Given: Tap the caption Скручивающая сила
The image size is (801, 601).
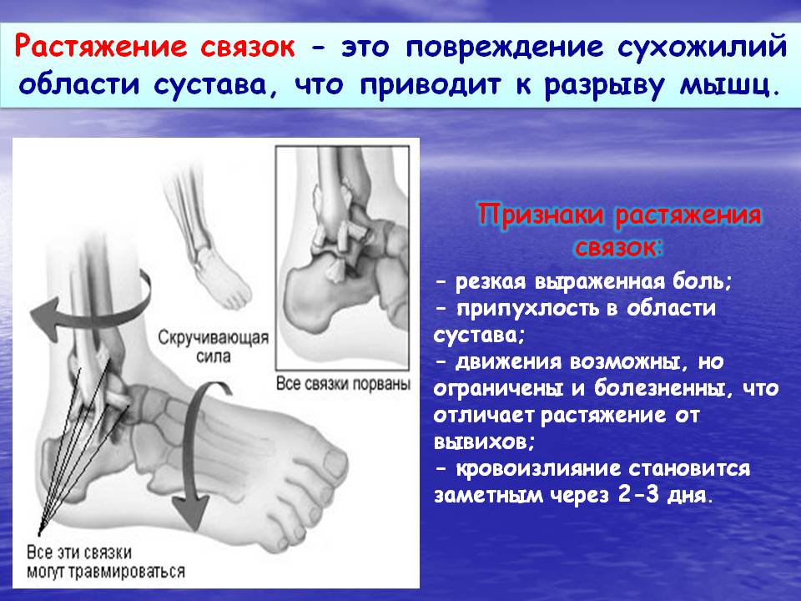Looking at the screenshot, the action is click(x=213, y=346).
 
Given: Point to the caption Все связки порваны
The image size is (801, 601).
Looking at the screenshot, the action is click(x=343, y=383).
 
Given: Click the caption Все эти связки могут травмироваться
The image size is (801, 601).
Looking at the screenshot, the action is click(x=106, y=561).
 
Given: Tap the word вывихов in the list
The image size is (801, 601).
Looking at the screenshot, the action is click(x=484, y=441).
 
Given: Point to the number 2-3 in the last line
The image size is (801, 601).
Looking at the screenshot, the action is click(x=638, y=494).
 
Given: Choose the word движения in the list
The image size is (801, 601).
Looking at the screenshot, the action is click(x=508, y=362).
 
